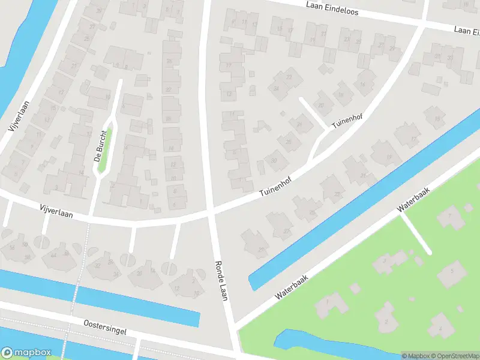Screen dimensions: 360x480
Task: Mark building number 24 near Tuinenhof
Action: [276, 89]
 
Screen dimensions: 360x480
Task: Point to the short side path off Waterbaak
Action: [415, 233]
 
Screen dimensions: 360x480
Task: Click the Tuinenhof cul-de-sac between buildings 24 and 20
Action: [312, 112]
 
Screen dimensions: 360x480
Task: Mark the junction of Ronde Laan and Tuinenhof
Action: [211, 211]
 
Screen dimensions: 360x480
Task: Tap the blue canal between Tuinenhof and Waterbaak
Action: [360, 198]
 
